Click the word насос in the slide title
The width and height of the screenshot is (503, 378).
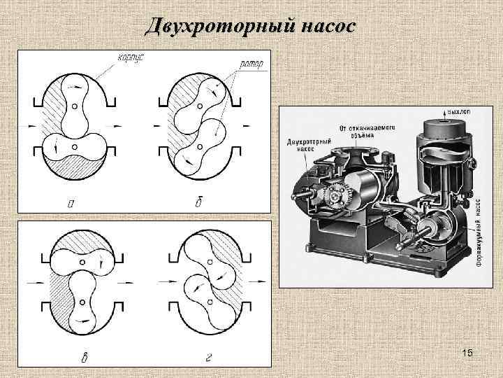pyautogui.click(x=329, y=27)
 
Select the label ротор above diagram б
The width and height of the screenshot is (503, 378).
pyautogui.click(x=251, y=65)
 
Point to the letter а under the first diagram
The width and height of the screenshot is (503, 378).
pyautogui.click(x=72, y=204)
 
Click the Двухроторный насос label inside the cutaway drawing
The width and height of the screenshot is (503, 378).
pyautogui.click(x=310, y=144)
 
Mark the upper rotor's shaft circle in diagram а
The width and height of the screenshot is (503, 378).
pyautogui.click(x=74, y=106)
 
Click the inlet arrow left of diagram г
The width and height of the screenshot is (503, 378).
pyautogui.click(x=166, y=281)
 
